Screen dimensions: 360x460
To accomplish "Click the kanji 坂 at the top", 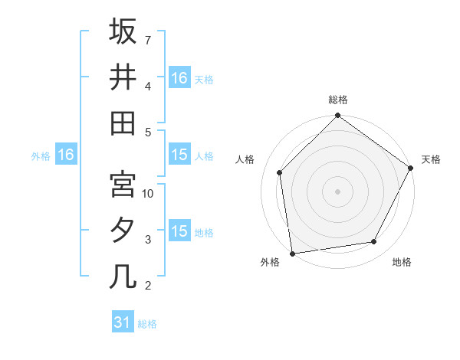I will [123, 32].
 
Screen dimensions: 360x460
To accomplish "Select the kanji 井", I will [123, 77].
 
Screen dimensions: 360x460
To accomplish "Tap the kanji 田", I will [123, 123].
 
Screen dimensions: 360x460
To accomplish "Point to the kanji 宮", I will [123, 185].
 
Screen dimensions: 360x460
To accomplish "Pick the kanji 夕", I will [123, 231].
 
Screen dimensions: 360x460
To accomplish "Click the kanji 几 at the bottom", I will [123, 277].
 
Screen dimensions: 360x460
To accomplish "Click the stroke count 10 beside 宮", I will [149, 194].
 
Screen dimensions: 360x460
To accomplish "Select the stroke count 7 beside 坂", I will [147, 39].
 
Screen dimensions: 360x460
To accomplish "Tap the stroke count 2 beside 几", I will [147, 286].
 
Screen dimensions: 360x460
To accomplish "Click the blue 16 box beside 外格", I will [65, 155].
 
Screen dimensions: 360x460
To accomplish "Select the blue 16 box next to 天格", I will [179, 78].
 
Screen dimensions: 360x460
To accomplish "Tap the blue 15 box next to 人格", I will [179, 155].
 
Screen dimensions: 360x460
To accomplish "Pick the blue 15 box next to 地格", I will [179, 231].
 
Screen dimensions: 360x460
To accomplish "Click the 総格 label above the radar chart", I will [338, 100].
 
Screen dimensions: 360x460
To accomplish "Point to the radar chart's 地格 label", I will [402, 262].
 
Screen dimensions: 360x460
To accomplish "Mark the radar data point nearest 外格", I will [292, 253].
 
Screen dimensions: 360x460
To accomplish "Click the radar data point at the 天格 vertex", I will [411, 167].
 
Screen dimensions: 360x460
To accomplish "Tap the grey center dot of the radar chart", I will [337, 191].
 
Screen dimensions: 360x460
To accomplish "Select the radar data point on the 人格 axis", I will [280, 172].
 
